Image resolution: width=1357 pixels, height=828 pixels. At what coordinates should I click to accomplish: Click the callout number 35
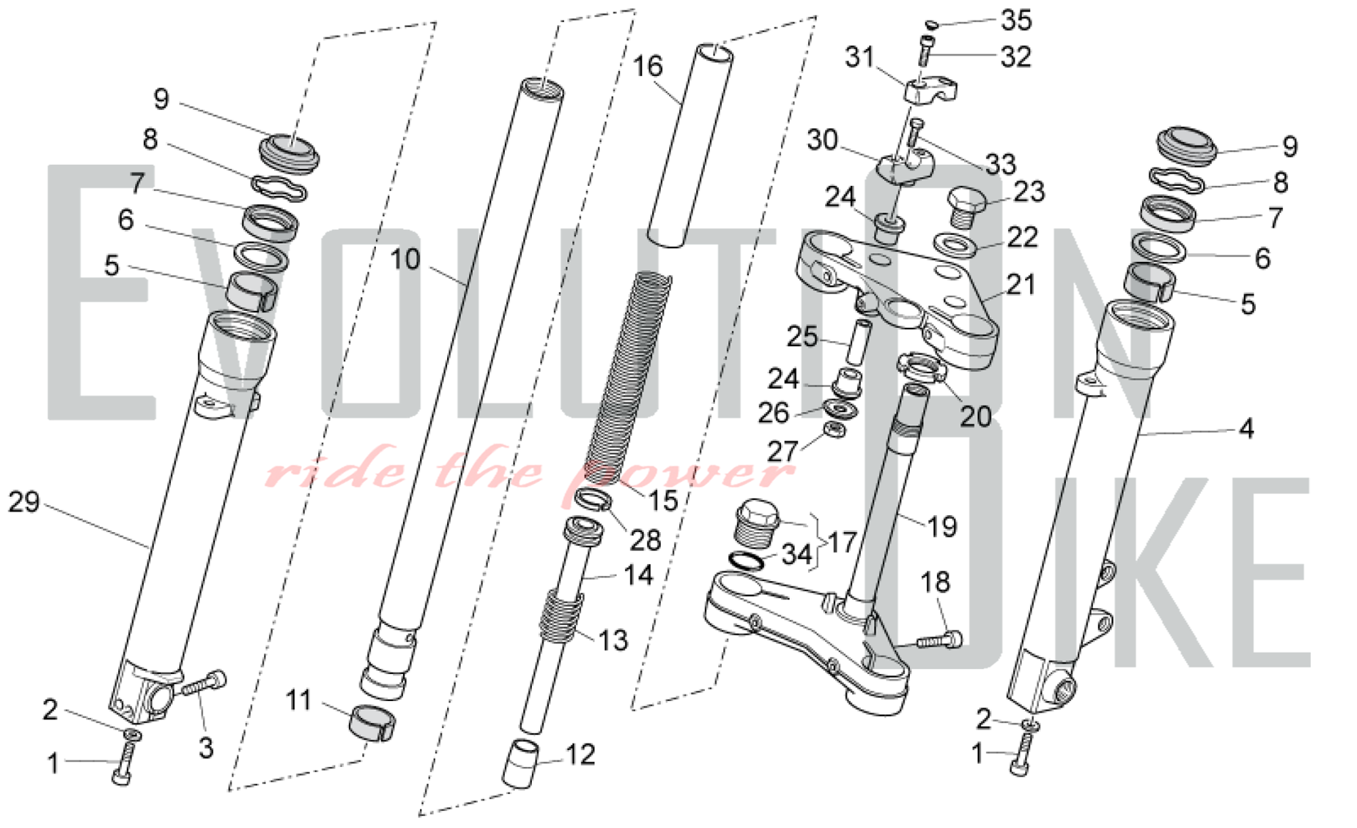pyautogui.click(x=1016, y=20)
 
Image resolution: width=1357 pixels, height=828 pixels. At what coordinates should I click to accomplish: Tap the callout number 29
pyautogui.click(x=24, y=502)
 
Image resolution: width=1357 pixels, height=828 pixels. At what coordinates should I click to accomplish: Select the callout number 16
pyautogui.click(x=647, y=67)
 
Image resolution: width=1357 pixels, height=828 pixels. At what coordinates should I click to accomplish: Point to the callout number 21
pyautogui.click(x=1020, y=285)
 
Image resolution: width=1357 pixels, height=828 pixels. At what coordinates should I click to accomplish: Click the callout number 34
pyautogui.click(x=797, y=554)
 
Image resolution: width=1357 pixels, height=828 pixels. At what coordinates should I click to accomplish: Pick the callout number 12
pyautogui.click(x=580, y=755)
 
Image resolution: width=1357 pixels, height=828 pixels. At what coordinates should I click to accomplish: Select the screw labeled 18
pyautogui.click(x=940, y=639)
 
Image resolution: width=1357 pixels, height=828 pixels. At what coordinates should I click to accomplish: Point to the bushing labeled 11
pyautogui.click(x=372, y=723)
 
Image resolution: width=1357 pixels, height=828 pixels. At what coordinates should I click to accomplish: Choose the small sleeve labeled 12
pyautogui.click(x=521, y=764)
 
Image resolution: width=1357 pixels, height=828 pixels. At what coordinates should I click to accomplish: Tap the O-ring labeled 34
pyautogui.click(x=746, y=561)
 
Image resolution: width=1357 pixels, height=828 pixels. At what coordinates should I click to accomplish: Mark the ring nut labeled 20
pyautogui.click(x=921, y=370)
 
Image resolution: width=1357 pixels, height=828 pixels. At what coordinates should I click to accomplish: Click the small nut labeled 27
pyautogui.click(x=835, y=429)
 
